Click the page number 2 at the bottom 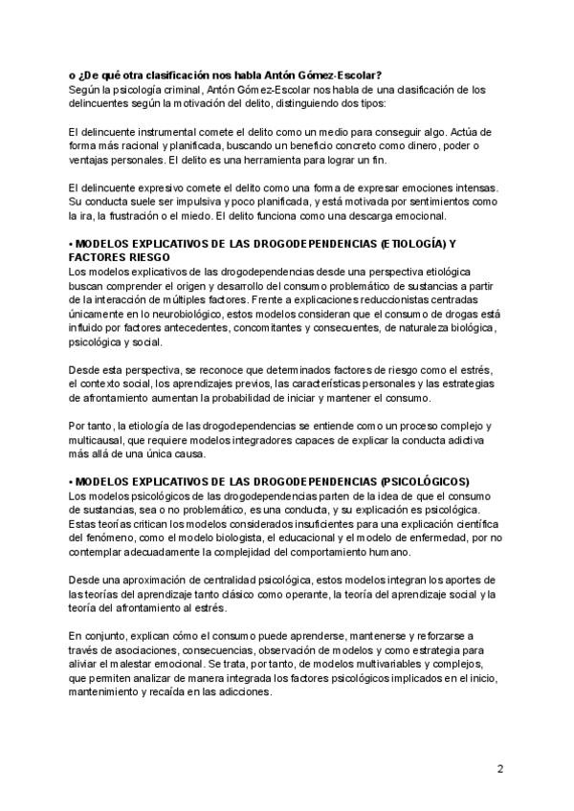[x=500, y=768]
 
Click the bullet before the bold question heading [x=72, y=77]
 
